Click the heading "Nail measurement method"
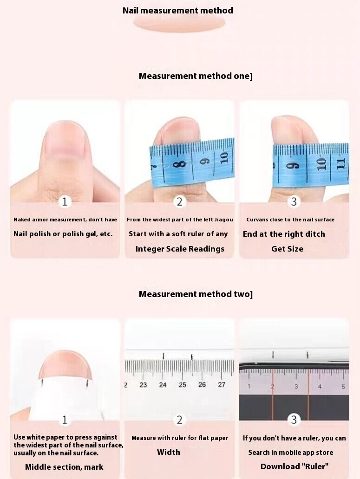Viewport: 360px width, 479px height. [177, 10]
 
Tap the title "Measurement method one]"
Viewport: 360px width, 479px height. [196, 76]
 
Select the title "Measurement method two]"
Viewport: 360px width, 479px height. [196, 294]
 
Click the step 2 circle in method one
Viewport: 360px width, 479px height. [179, 201]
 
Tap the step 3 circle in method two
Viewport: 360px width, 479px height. [294, 420]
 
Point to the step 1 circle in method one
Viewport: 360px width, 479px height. [65, 201]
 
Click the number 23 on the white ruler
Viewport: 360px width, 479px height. [143, 385]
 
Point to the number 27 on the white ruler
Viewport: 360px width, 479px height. [222, 385]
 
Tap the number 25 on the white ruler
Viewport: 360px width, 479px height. [182, 385]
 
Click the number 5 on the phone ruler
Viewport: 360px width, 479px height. [343, 387]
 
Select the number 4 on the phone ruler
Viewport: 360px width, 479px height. [320, 387]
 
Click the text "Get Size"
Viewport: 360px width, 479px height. [287, 249]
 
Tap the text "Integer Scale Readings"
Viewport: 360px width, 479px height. [180, 249]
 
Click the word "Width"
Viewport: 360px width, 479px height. [168, 452]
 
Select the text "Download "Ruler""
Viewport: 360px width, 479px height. [295, 466]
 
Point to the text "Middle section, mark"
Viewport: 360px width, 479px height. [64, 467]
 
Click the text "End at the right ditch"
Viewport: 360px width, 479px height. [284, 234]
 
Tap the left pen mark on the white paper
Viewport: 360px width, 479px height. [42, 382]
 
